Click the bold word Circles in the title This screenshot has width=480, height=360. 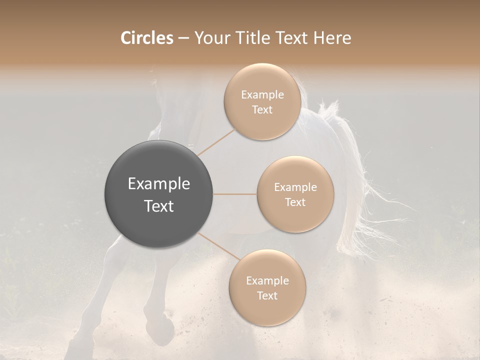tap(146, 38)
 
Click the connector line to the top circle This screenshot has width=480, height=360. tap(216, 142)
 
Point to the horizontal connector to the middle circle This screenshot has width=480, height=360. tap(235, 194)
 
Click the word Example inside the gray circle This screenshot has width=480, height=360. tap(158, 184)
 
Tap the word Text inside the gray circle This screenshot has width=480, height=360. tap(158, 206)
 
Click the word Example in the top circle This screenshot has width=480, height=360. tap(262, 95)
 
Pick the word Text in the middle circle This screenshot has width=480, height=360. tap(295, 202)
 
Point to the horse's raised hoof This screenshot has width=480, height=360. tap(166, 330)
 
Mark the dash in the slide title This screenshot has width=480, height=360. tap(183, 38)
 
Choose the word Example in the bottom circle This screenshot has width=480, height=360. tap(267, 281)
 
